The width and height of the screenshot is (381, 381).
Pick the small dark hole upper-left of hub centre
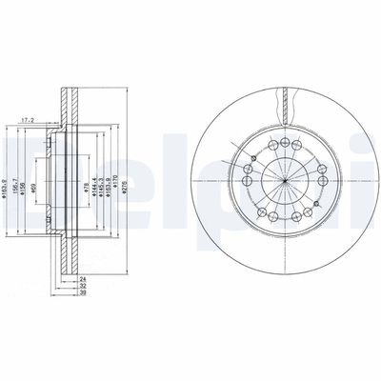(x=254, y=158)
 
